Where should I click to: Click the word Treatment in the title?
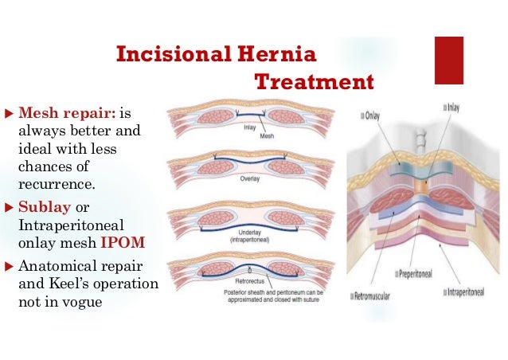coord(314,82)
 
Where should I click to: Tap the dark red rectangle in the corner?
coord(448,60)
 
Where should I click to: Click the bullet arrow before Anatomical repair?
coord(9,268)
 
